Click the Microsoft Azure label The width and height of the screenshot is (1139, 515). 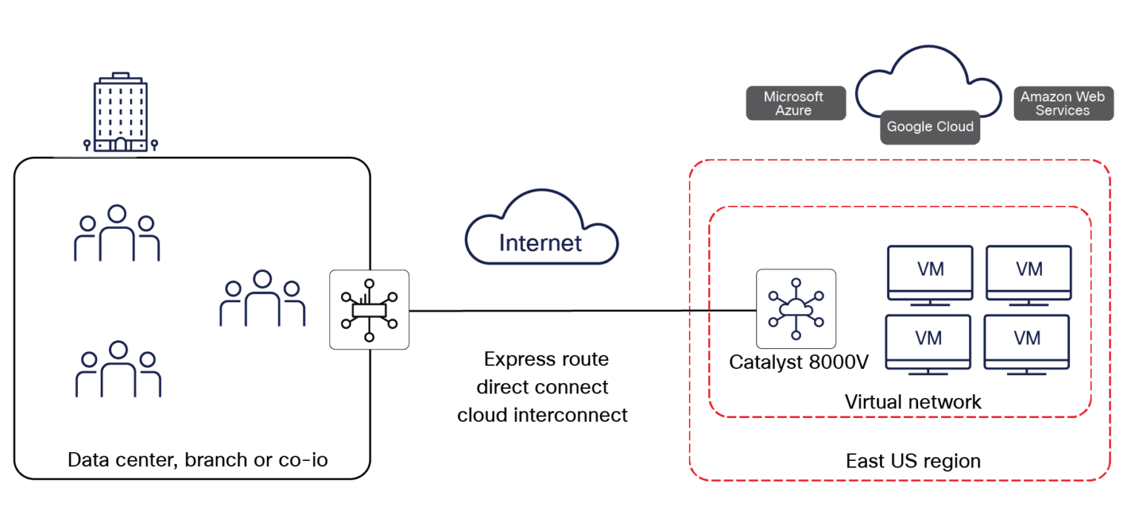click(795, 104)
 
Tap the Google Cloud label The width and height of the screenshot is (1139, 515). click(930, 127)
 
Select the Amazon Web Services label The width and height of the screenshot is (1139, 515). click(1063, 104)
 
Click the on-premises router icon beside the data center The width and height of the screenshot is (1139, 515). click(369, 309)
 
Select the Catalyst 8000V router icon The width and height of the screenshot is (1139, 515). click(796, 308)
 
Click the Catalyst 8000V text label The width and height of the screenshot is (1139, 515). click(799, 362)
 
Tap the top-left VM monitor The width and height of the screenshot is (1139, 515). click(930, 273)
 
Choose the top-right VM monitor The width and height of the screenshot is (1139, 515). click(1028, 273)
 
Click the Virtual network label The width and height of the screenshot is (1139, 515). click(913, 402)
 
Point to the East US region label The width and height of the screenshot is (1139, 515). click(913, 461)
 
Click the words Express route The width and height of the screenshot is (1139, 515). click(546, 359)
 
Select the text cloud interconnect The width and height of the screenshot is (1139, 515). click(542, 415)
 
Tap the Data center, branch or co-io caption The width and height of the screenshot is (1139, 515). click(197, 459)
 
